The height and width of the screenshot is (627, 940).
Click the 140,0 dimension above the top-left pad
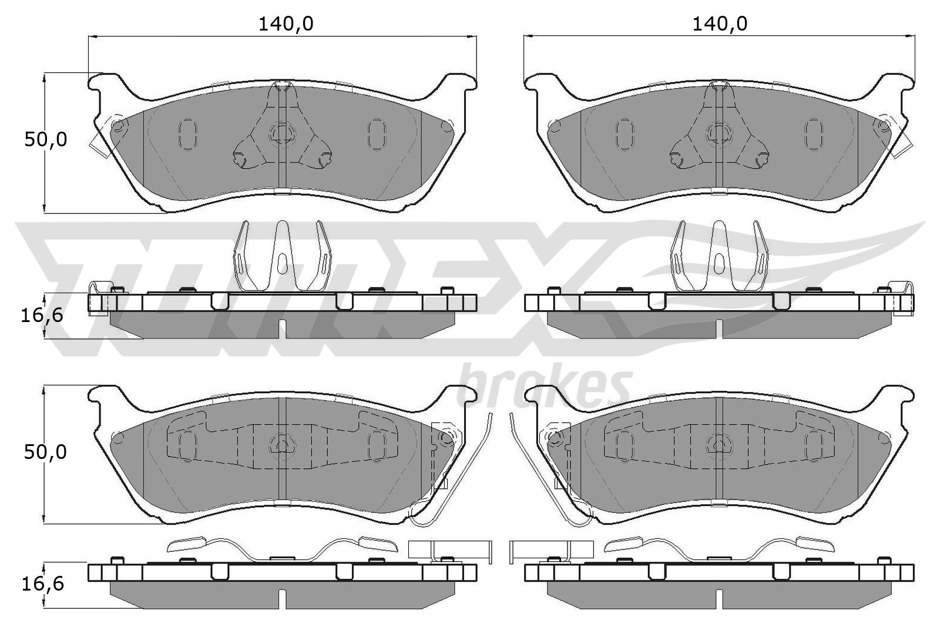click(286, 24)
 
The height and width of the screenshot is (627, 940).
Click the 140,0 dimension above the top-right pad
click(720, 24)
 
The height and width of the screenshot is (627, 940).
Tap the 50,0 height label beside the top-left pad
click(46, 140)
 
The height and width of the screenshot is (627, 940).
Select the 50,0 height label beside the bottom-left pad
click(45, 452)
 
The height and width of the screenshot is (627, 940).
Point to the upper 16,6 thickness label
click(42, 315)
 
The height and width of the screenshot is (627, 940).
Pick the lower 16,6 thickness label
click(42, 584)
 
